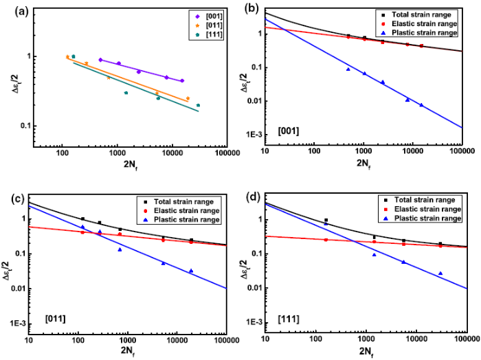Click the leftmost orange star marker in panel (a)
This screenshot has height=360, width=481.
(x=67, y=57)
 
